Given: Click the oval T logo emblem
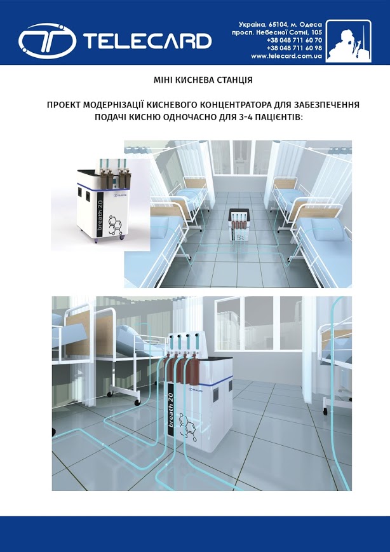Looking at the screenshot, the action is click(x=47, y=41).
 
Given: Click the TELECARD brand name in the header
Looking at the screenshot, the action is click(x=147, y=41).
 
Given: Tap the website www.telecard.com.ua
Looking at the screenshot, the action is click(x=286, y=56).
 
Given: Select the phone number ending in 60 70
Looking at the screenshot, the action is click(x=294, y=40).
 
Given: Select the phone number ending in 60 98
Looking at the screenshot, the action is click(x=294, y=48).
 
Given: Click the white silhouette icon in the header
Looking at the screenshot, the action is click(x=348, y=41).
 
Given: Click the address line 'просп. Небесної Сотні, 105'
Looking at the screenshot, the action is click(x=277, y=32).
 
